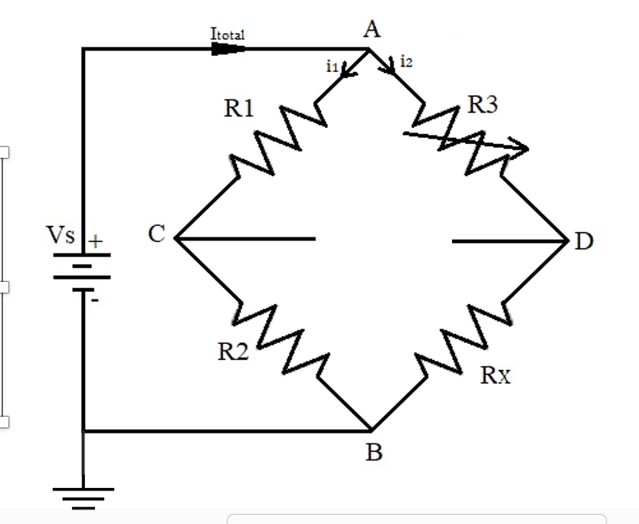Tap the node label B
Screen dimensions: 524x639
[x=373, y=452]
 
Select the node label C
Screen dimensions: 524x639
[x=156, y=235]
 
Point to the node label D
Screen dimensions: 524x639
[x=584, y=242]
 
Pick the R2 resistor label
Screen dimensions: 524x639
[x=232, y=352]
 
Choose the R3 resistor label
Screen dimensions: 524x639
[x=483, y=106]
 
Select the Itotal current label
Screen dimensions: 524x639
[x=228, y=34]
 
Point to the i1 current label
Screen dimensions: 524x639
[x=332, y=67]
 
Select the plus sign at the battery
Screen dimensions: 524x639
[x=95, y=241]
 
